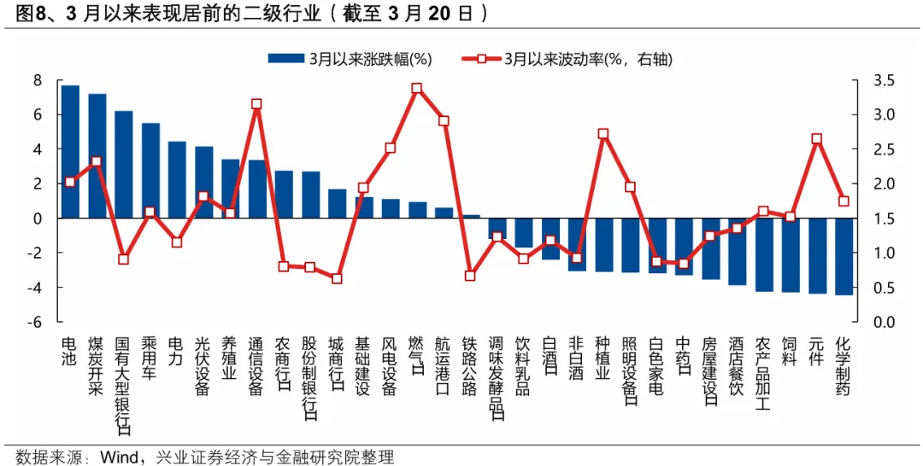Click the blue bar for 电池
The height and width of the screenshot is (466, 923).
point(70,152)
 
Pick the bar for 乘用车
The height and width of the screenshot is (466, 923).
point(150,171)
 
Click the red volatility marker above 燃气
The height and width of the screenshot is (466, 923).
point(416,88)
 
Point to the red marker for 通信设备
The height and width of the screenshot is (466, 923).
point(256,104)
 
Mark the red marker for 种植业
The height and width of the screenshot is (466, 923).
point(603,134)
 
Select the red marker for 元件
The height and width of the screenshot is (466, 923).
point(816,138)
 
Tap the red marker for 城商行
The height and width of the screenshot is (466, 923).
point(337,278)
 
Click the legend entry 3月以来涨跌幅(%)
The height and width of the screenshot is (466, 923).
point(350,59)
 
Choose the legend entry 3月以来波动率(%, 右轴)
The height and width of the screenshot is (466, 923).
point(565,59)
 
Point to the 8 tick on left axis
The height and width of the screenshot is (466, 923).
point(38,80)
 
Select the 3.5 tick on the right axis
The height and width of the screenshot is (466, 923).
point(884,80)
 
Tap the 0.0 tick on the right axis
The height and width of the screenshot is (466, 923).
point(884,323)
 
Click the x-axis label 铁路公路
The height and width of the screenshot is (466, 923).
point(470,365)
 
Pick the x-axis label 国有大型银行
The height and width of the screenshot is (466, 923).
point(123,376)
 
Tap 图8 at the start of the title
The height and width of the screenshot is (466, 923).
point(21,14)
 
